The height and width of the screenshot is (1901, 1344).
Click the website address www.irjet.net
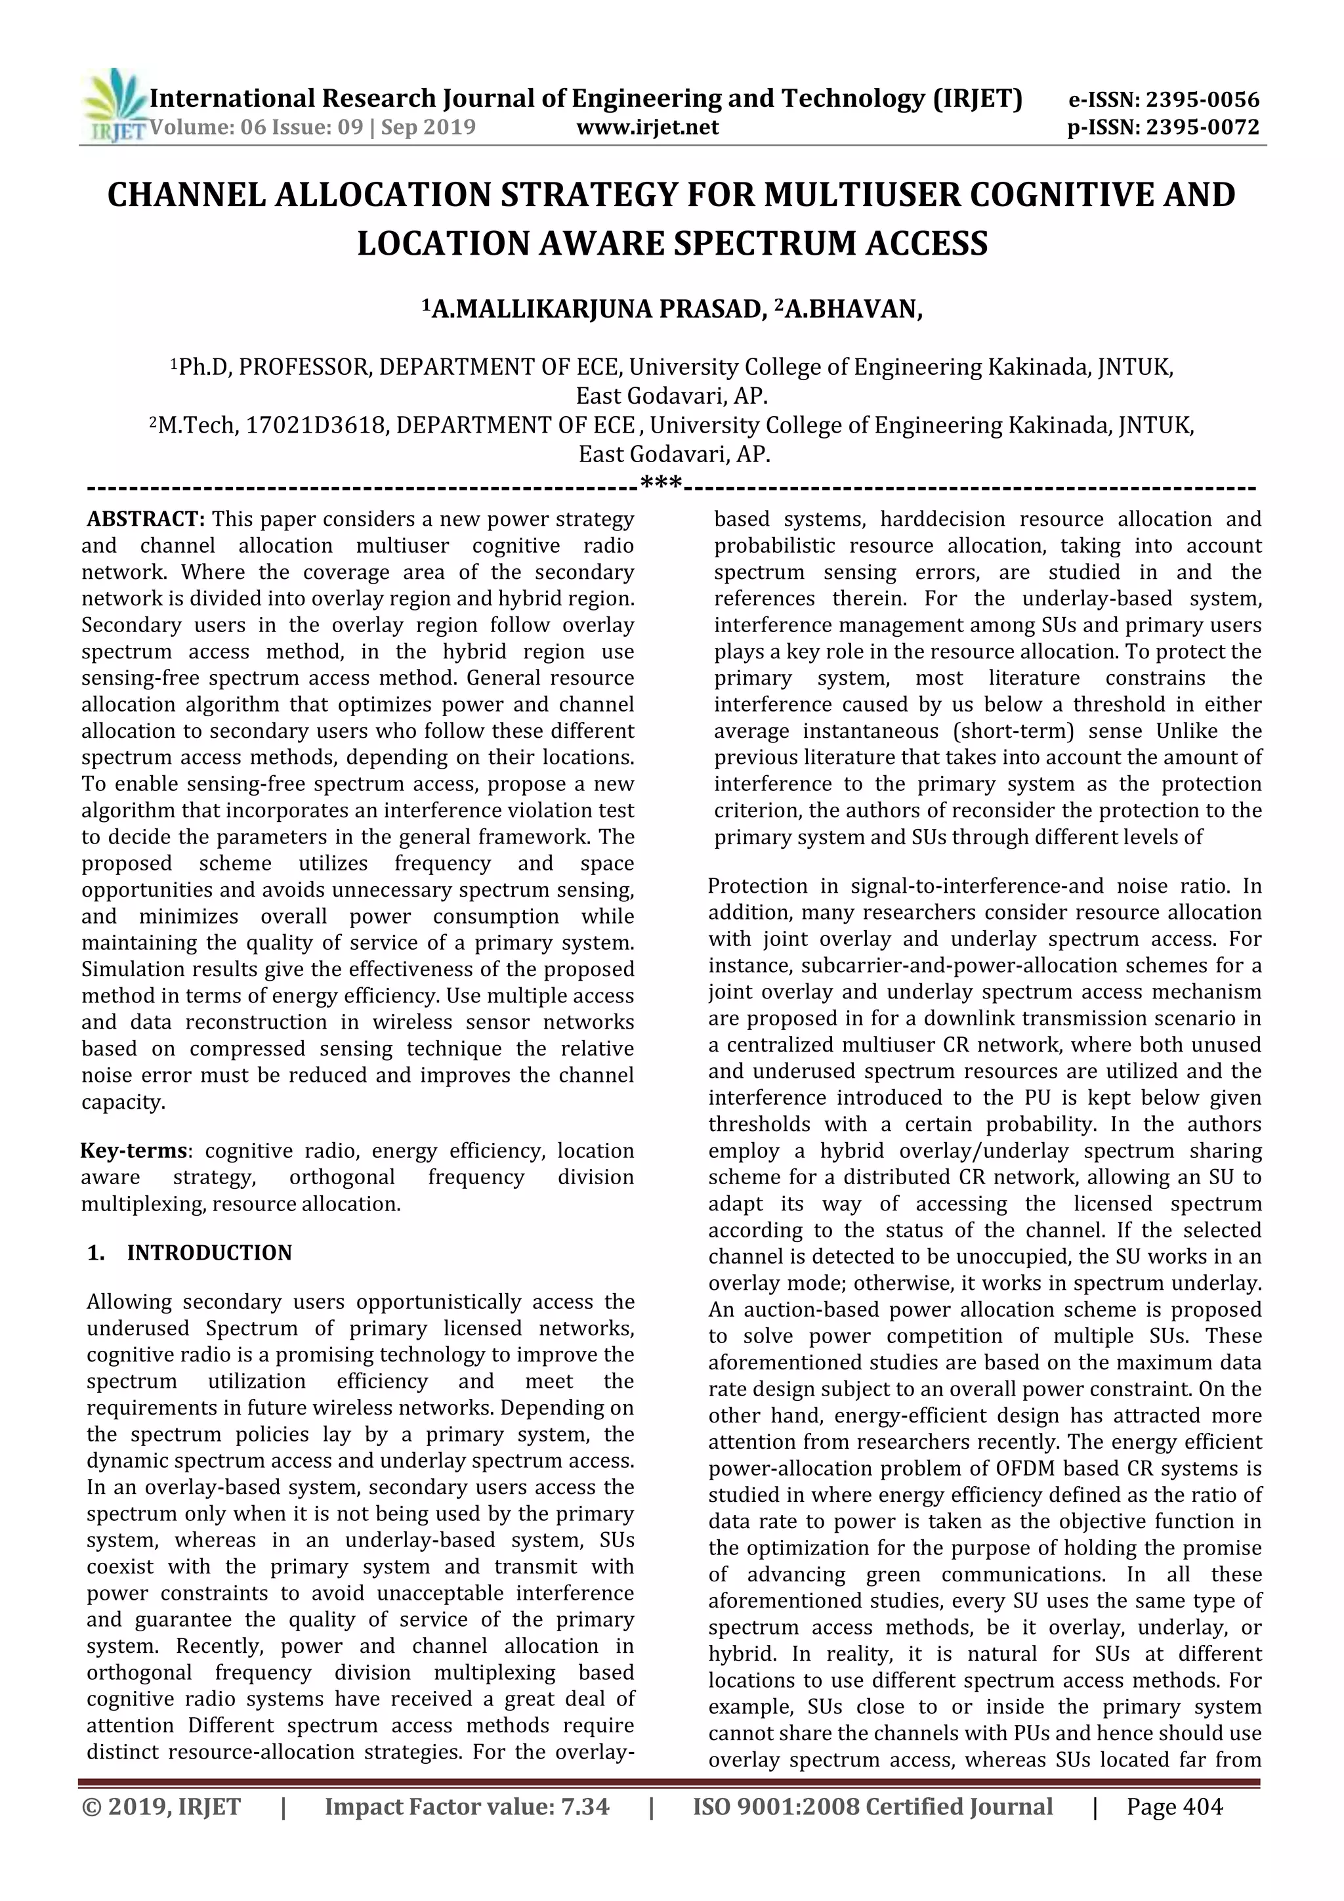[x=647, y=127]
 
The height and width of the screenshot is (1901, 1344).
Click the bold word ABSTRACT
[x=146, y=519]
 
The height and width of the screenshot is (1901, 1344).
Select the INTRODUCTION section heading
[x=209, y=1252]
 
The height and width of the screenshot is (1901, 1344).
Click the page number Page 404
[x=1174, y=1806]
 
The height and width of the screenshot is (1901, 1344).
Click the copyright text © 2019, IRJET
[x=161, y=1806]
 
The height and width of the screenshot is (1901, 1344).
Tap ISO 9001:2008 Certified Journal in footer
[x=872, y=1806]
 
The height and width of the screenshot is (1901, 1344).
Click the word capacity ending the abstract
[x=121, y=1102]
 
